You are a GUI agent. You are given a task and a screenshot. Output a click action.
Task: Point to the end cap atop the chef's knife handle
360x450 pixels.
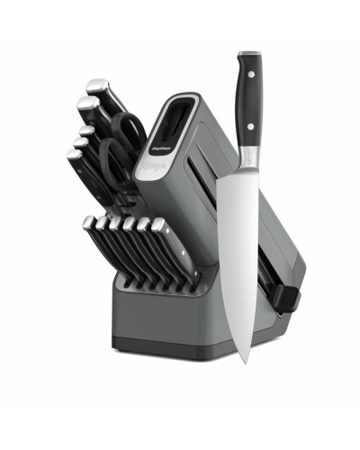249,56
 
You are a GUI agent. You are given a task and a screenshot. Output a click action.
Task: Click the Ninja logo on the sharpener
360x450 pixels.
148,166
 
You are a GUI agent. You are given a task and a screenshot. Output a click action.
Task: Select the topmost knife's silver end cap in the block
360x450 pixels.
96,87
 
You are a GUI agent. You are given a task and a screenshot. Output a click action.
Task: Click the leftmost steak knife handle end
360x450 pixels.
87,222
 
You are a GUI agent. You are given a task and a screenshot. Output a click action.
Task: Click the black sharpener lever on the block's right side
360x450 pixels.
286,297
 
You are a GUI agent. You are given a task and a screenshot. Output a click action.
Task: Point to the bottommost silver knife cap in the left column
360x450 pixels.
73,156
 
